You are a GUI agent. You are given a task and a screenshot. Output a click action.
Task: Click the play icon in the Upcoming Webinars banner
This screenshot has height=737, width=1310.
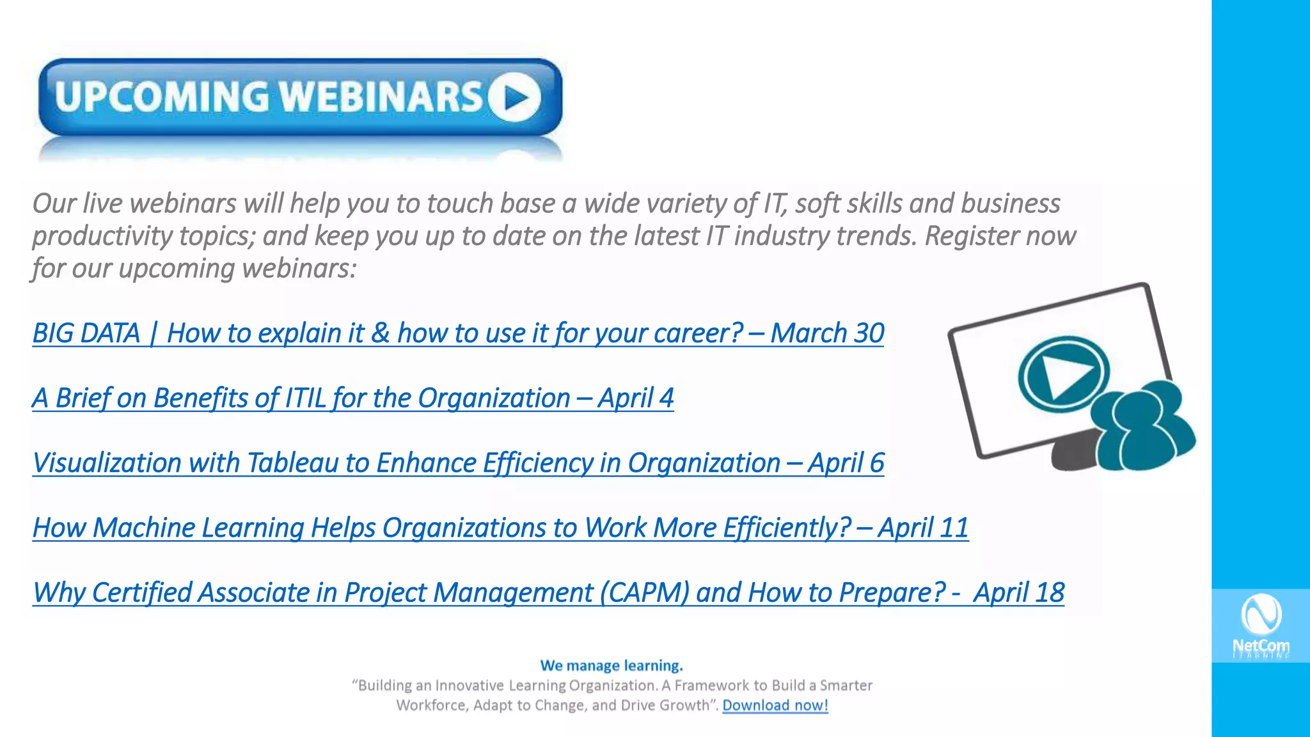point(515,97)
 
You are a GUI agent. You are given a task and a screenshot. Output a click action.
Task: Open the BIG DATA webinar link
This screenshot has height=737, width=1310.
point(384,333)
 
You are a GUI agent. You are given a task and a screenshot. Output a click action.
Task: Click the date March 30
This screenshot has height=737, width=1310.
point(827,333)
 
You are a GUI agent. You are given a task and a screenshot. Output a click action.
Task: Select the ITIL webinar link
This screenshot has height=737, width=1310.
point(301,398)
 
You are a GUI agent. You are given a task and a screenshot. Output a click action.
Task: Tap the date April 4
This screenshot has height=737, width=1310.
point(636,398)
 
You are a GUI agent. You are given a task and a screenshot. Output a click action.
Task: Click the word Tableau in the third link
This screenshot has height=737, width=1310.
point(292,463)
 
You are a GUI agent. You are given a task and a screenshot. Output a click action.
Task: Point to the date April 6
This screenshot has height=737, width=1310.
point(846,463)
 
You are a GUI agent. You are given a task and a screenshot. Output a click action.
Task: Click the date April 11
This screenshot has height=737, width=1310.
point(923,528)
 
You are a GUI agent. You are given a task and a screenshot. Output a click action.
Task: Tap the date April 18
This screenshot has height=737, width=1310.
point(1018,593)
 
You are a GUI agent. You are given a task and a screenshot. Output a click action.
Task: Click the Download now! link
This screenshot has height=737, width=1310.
point(775,706)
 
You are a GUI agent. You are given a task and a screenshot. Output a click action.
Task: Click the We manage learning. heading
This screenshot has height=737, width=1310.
point(612,666)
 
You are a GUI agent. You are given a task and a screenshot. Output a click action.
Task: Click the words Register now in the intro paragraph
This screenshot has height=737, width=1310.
point(1000,236)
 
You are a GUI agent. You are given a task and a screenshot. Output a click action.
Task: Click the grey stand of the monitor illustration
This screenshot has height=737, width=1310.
point(1075,451)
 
